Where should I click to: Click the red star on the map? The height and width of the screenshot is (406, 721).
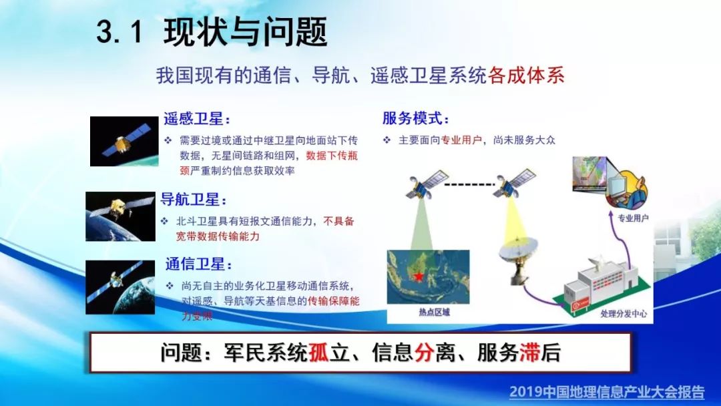[x=419, y=276]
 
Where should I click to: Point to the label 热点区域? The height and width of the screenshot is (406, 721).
[x=434, y=313]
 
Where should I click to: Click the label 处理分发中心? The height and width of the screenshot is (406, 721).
[x=624, y=314]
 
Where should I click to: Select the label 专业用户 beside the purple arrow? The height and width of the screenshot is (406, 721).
[x=633, y=218]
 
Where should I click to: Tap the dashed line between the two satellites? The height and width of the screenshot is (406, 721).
[x=469, y=185]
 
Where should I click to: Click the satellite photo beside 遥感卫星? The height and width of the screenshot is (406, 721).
[x=124, y=141]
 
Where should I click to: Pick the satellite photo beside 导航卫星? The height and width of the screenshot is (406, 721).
[x=120, y=216]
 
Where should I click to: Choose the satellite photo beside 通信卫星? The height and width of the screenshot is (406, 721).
[x=120, y=287]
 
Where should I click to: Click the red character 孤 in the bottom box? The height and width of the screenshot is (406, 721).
[x=318, y=353]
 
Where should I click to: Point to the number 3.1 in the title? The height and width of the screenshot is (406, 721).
[x=119, y=33]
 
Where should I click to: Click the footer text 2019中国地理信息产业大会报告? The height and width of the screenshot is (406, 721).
[x=607, y=392]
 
